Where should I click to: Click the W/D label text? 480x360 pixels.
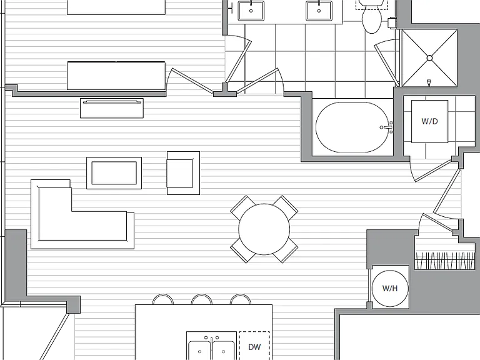click(x=429, y=121)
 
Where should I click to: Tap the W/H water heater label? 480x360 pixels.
click(x=390, y=288)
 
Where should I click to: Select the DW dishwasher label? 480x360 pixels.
click(x=254, y=347)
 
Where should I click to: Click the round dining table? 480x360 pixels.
click(x=264, y=229)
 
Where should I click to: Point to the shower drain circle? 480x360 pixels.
click(x=429, y=58)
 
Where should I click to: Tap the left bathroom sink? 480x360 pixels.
click(x=251, y=11)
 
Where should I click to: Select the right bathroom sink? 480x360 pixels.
click(x=319, y=11)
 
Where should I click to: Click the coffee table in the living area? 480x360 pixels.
click(x=114, y=173)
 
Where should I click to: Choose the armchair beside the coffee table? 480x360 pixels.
click(x=183, y=173)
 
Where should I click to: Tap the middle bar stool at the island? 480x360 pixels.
click(x=201, y=299)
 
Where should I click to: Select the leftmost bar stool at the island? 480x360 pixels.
click(x=163, y=299)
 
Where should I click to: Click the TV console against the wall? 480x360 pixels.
click(x=112, y=108)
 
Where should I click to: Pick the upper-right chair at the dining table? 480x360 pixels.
click(x=285, y=208)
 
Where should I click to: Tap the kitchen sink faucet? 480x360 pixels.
click(x=211, y=341)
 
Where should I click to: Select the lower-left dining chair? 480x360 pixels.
click(x=243, y=250)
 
